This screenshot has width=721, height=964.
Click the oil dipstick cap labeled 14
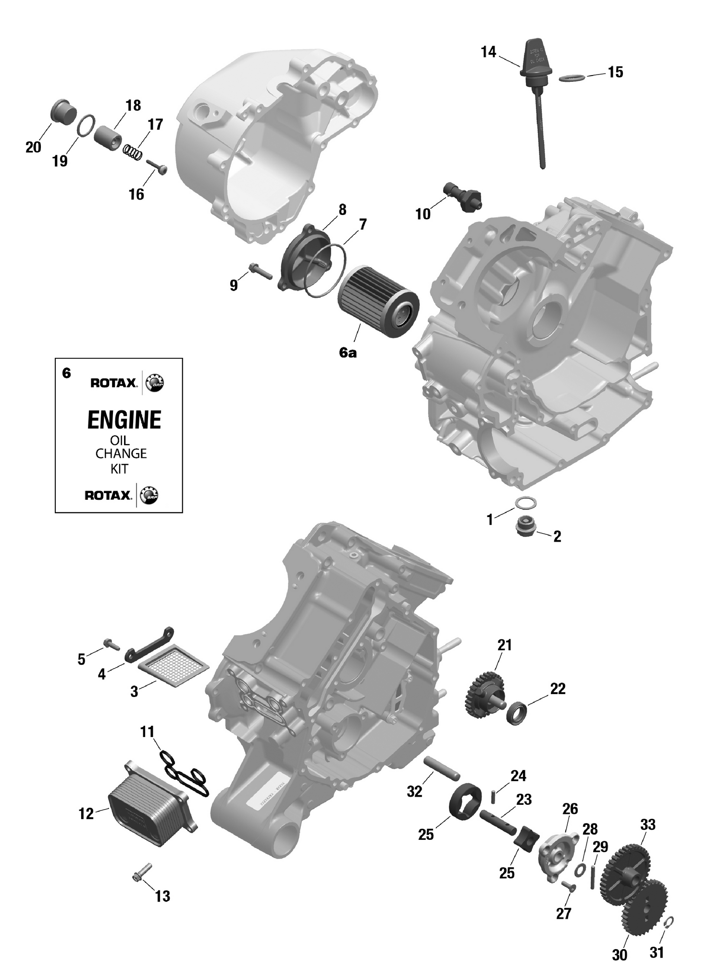point(533,60)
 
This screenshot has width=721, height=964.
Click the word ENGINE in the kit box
point(124,420)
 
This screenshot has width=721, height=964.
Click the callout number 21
point(504,645)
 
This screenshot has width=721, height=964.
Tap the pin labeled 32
point(442,769)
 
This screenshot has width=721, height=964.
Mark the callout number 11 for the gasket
point(147,732)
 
